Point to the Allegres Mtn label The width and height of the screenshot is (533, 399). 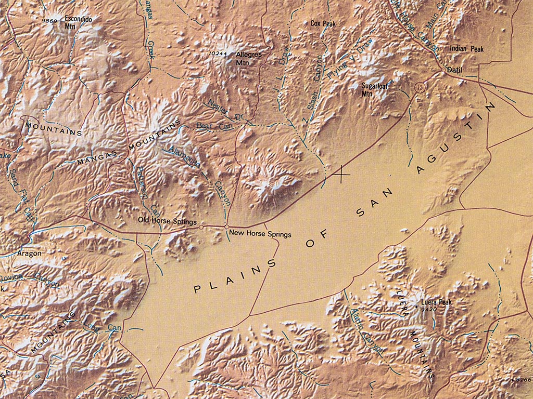tap(249, 58)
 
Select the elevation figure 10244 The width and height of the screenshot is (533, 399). tap(218, 54)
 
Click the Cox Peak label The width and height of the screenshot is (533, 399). tap(323, 23)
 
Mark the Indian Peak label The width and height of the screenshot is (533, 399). tap(467, 48)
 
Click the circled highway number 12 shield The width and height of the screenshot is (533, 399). tap(420, 87)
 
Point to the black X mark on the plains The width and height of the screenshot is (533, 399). tap(341, 175)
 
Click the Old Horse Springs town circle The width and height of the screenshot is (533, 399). tap(201, 227)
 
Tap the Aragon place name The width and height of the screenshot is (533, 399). tap(29, 254)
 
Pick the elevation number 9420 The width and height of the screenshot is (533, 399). tap(428, 309)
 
